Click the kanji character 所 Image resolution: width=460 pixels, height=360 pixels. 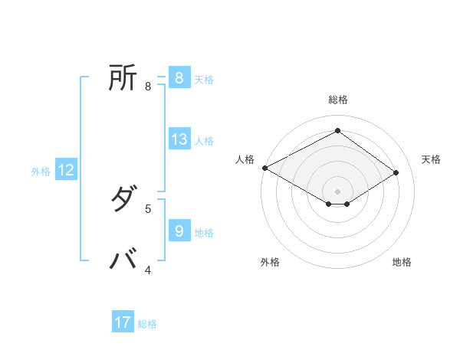pos(123,77)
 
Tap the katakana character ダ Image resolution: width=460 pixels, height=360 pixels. pos(123,201)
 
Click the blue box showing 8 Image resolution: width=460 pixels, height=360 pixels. pos(179,78)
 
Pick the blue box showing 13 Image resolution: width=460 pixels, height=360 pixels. pos(179,139)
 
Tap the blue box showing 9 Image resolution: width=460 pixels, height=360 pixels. pos(179,231)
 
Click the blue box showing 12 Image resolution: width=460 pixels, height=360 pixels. pos(66,170)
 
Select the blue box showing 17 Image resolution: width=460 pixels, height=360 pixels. pos(123,322)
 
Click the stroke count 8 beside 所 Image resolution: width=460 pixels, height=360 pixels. pos(147,86)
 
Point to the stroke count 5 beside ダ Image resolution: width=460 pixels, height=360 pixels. pos(147,208)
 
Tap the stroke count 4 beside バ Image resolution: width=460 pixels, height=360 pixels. pos(147,270)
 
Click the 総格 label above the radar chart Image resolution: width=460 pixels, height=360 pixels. pos(337,100)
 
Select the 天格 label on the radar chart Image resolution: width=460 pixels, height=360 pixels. pos(431,159)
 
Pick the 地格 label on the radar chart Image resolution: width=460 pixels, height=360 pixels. pos(402,262)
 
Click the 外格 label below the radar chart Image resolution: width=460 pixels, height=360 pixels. pos(270,262)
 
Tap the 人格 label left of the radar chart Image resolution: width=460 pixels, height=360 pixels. pos(245,159)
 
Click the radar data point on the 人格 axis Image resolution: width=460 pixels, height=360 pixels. pos(264,168)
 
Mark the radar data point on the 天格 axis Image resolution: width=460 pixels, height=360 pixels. pos(396,172)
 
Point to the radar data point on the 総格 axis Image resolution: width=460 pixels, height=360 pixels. pos(337,131)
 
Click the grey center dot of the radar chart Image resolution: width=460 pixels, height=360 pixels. pos(337,191)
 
